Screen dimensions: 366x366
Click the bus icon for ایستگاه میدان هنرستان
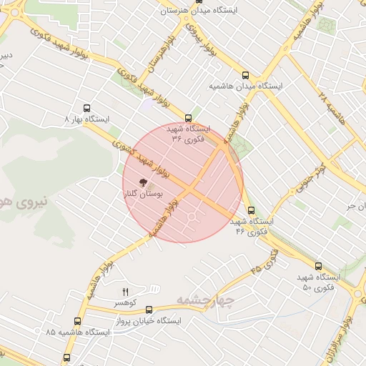click(167, 4)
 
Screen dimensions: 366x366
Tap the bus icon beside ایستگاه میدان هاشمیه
click(246, 74)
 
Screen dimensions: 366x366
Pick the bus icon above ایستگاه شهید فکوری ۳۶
click(188, 118)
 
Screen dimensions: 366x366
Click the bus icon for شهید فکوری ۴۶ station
click(251, 210)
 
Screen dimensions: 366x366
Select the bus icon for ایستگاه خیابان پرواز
click(149, 310)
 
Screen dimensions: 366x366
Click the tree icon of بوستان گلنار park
click(143, 182)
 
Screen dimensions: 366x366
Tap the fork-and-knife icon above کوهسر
click(126, 292)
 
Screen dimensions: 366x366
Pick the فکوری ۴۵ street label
click(265, 262)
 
